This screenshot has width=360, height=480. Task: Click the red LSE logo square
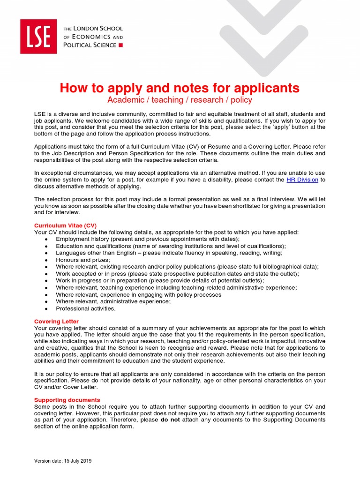coord(38,36)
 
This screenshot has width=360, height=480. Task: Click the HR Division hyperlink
coord(303,180)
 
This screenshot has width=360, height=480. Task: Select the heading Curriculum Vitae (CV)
coord(65,225)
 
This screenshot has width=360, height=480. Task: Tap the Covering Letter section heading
coord(56,322)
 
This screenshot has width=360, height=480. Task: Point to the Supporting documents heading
coord(67,400)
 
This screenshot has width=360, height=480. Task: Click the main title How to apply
coord(180,88)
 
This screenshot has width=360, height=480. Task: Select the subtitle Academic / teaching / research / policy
coord(180,100)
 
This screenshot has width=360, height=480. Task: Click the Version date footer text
coord(63,461)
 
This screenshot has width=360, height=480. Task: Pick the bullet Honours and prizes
coord(83,260)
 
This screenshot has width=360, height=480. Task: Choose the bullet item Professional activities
coord(85,309)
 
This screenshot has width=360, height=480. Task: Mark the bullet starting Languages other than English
coord(169,253)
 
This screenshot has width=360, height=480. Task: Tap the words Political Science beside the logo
coord(90,45)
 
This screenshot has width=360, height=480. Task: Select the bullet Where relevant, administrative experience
coord(113,302)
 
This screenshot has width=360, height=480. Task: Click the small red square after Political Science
coord(120,45)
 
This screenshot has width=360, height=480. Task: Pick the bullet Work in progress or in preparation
coord(159,281)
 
